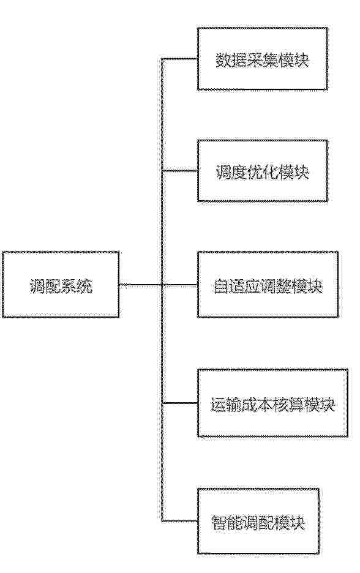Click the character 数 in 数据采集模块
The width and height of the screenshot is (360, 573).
(223, 60)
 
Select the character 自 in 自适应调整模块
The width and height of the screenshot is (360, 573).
(221, 286)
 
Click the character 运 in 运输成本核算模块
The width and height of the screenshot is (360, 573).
(218, 405)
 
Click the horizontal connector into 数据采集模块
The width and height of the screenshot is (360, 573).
(180, 59)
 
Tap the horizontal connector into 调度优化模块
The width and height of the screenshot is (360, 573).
(180, 171)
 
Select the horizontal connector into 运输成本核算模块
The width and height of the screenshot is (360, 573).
(180, 403)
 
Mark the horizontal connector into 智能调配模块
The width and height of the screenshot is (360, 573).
(180, 521)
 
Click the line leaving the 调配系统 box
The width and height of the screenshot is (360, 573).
(159, 284)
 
